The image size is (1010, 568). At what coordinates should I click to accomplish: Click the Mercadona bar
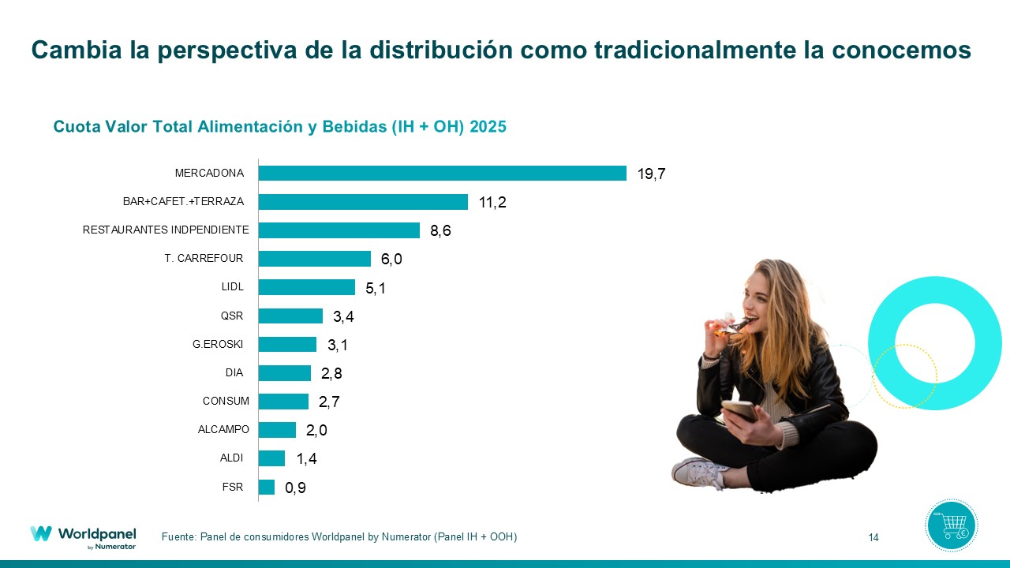(442, 174)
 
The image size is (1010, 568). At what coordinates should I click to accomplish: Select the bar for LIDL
(306, 287)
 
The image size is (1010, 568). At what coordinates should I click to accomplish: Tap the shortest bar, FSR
(267, 487)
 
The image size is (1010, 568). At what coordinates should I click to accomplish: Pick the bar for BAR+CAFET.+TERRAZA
(363, 202)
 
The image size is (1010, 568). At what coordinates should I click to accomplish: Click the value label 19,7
(652, 174)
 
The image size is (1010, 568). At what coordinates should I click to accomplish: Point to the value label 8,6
(441, 231)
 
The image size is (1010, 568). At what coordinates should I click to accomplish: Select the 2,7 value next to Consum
(330, 402)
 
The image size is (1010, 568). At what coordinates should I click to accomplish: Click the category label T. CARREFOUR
(204, 259)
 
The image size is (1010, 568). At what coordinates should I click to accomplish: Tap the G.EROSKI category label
(218, 345)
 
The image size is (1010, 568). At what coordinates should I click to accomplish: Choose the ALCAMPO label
(223, 430)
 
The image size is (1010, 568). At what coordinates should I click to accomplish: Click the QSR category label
(232, 316)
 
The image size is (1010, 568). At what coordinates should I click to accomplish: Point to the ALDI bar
(271, 458)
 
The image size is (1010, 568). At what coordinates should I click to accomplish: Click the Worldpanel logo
(83, 535)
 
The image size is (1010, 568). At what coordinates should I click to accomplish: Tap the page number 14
(873, 538)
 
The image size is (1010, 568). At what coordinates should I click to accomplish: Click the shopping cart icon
(951, 525)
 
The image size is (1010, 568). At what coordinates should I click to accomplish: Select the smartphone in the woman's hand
(739, 410)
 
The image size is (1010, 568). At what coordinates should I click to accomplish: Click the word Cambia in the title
(68, 50)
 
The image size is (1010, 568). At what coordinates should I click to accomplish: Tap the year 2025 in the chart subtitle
(488, 127)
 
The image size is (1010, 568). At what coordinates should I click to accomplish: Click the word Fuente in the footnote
(178, 537)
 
